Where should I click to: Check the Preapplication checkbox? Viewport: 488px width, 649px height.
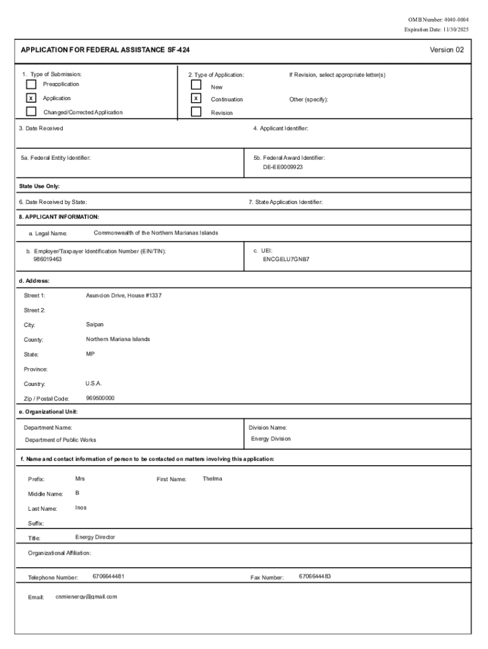[31, 84]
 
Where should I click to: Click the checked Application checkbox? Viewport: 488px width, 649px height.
[31, 98]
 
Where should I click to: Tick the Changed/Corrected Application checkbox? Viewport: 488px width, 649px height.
[31, 112]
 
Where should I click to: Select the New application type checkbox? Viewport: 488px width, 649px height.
[196, 85]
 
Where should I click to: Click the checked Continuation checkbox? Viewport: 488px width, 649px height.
[196, 99]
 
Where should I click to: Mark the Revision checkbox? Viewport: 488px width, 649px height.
[196, 112]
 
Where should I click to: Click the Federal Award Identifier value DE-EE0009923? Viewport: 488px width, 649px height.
[283, 167]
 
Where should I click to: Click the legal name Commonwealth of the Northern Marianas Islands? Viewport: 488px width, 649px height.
[155, 233]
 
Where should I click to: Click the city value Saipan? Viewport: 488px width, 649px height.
[94, 324]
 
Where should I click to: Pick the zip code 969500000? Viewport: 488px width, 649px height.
[100, 398]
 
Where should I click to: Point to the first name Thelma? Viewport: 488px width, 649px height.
[212, 479]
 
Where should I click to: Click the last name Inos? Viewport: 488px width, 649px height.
[81, 508]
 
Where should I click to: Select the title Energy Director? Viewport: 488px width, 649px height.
[95, 537]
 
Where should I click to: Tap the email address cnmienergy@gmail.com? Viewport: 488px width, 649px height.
[86, 596]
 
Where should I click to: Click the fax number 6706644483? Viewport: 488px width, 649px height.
[315, 576]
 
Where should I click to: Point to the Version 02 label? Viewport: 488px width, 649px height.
[446, 50]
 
